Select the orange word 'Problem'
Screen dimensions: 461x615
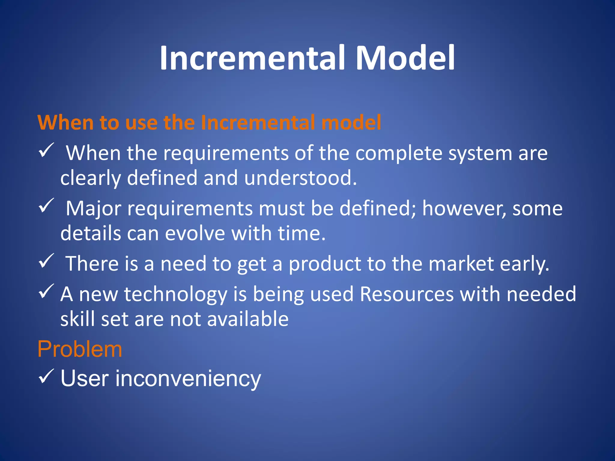click(x=80, y=349)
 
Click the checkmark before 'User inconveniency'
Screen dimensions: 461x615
click(x=46, y=376)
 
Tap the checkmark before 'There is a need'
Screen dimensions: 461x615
click(x=46, y=261)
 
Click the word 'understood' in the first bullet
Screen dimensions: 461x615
click(x=300, y=178)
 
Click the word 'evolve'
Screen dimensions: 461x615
click(x=195, y=233)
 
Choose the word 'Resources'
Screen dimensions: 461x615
click(x=407, y=294)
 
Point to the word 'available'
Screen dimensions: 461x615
click(x=248, y=319)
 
